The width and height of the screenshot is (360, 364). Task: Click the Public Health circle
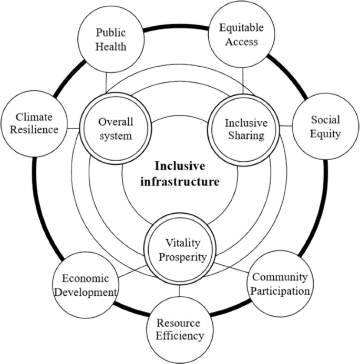pyautogui.click(x=111, y=40)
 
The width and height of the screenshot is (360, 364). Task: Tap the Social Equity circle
pyautogui.click(x=325, y=126)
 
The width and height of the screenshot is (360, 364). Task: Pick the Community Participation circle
pyautogui.click(x=279, y=283)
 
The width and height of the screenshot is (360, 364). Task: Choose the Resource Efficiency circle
pyautogui.click(x=179, y=328)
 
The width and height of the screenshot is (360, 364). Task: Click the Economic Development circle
pyautogui.click(x=85, y=285)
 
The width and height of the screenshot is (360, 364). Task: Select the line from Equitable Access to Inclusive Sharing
pyautogui.click(x=242, y=81)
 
